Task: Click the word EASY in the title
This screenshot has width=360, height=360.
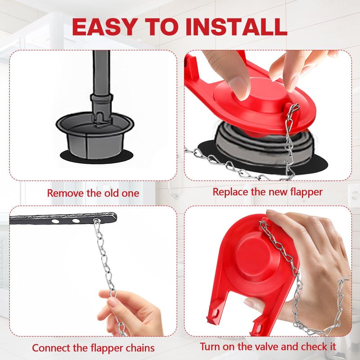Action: (x=105, y=27)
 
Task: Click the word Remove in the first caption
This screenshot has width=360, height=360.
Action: (x=65, y=193)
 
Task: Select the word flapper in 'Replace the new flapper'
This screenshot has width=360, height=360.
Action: (x=306, y=193)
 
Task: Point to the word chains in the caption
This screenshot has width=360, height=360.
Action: (x=140, y=348)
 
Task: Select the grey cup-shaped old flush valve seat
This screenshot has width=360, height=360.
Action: (x=95, y=135)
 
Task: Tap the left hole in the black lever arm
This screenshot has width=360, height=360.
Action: (x=55, y=221)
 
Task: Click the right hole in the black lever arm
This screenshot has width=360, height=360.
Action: (x=76, y=221)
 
